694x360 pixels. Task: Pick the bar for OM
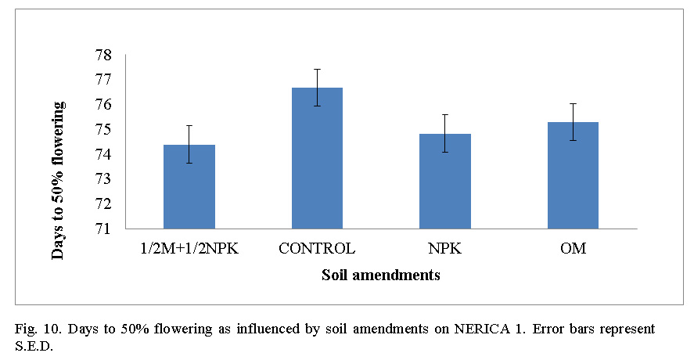point(573,175)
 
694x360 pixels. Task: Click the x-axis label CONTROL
point(317,250)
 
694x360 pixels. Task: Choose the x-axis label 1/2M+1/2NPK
point(189,250)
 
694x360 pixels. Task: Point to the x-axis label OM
point(573,250)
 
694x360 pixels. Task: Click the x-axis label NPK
point(444,250)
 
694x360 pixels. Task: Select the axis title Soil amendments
point(380,275)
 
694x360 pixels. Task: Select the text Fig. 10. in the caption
point(38,329)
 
